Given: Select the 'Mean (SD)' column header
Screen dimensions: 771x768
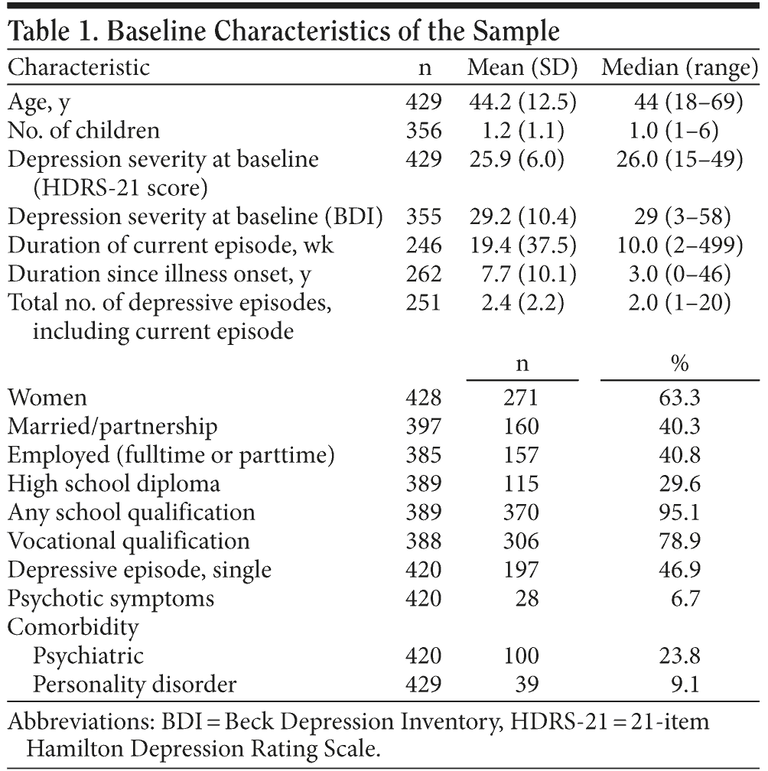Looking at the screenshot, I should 522,67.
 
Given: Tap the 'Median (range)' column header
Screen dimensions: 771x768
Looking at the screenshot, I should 679,67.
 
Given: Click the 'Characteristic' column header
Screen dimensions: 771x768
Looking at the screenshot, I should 79,67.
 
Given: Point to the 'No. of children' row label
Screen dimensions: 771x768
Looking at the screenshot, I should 84,130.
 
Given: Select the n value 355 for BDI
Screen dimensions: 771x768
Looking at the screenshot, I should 425,217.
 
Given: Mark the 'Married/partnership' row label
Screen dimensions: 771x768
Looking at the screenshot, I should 112,426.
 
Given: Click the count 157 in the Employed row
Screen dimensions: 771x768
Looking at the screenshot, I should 522,455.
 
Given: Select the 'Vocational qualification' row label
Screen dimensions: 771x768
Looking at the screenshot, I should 129,541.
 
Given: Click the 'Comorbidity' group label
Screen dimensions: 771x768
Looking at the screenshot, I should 73,627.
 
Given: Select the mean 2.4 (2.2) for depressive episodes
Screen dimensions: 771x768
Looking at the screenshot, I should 522,304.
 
